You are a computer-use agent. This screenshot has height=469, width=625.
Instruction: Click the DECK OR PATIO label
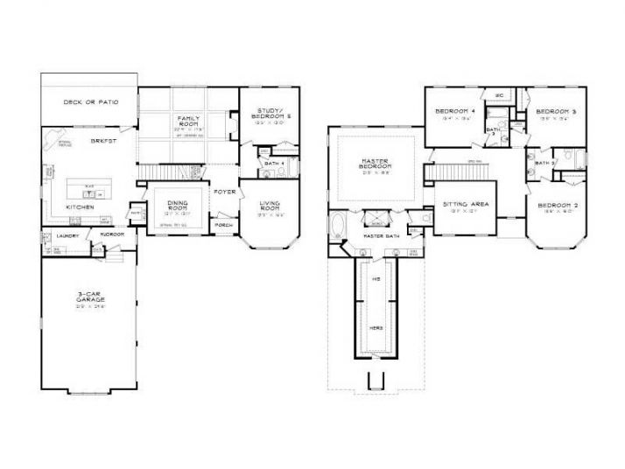90,102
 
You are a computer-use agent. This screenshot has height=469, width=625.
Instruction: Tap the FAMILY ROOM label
188,120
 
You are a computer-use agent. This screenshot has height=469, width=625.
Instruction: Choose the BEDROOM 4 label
454,112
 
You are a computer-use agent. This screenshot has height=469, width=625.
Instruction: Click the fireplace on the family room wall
231,129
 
